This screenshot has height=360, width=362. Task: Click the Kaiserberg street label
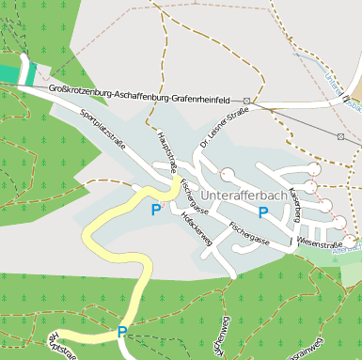296,203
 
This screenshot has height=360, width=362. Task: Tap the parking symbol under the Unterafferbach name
263,212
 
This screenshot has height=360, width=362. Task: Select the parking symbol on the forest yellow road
122,331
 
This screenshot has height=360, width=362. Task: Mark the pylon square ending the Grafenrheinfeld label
246,101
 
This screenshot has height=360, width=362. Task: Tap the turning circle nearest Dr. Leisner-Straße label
228,173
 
